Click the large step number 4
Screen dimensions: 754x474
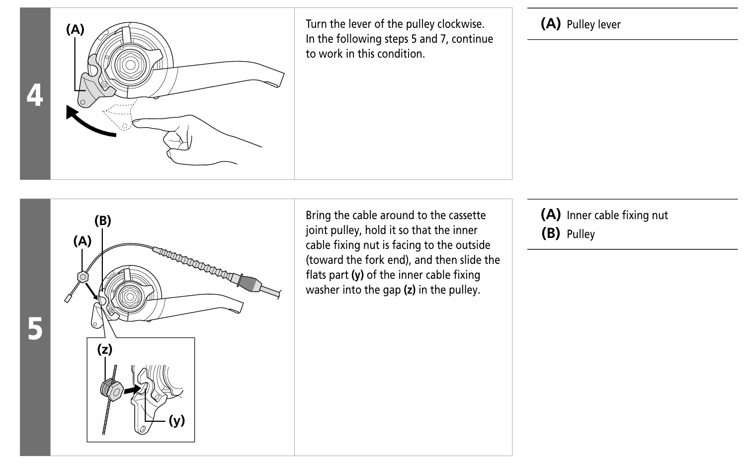[35, 95]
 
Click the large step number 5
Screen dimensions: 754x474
[35, 328]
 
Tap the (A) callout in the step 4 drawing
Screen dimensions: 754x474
[75, 29]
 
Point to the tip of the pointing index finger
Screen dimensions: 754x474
[134, 122]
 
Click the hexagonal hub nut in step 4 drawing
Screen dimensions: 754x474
[130, 65]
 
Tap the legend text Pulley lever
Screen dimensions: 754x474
[593, 24]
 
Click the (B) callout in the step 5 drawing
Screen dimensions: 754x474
[103, 220]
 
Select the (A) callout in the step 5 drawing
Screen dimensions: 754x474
[83, 241]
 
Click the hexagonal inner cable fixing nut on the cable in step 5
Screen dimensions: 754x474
[83, 277]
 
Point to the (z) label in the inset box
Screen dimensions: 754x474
[105, 349]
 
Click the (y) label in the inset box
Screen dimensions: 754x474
[177, 420]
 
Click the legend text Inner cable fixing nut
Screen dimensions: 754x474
[617, 215]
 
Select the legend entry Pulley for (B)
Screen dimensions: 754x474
[581, 234]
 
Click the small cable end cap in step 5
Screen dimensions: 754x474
[68, 299]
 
